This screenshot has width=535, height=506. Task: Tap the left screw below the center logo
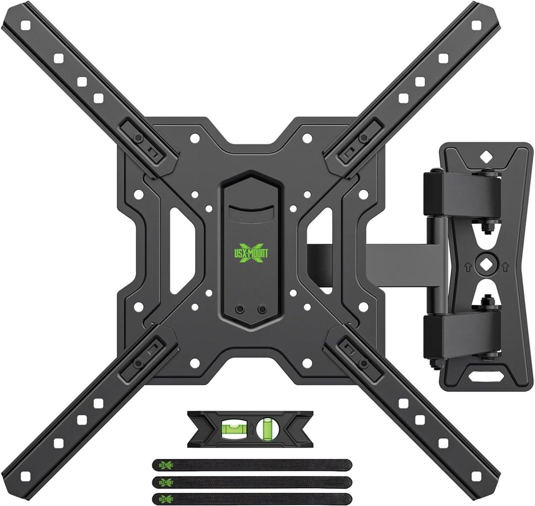tap(240, 309)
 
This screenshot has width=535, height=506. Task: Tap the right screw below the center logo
tap(262, 309)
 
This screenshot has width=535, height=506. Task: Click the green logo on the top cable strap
tap(164, 464)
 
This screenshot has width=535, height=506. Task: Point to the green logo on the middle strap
tap(164, 482)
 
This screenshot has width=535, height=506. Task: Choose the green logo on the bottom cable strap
tap(164, 498)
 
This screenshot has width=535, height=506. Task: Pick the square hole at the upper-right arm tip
tap(476, 25)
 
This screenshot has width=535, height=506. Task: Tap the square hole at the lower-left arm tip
tap(26, 476)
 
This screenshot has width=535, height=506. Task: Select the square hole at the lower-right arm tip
tap(476, 476)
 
